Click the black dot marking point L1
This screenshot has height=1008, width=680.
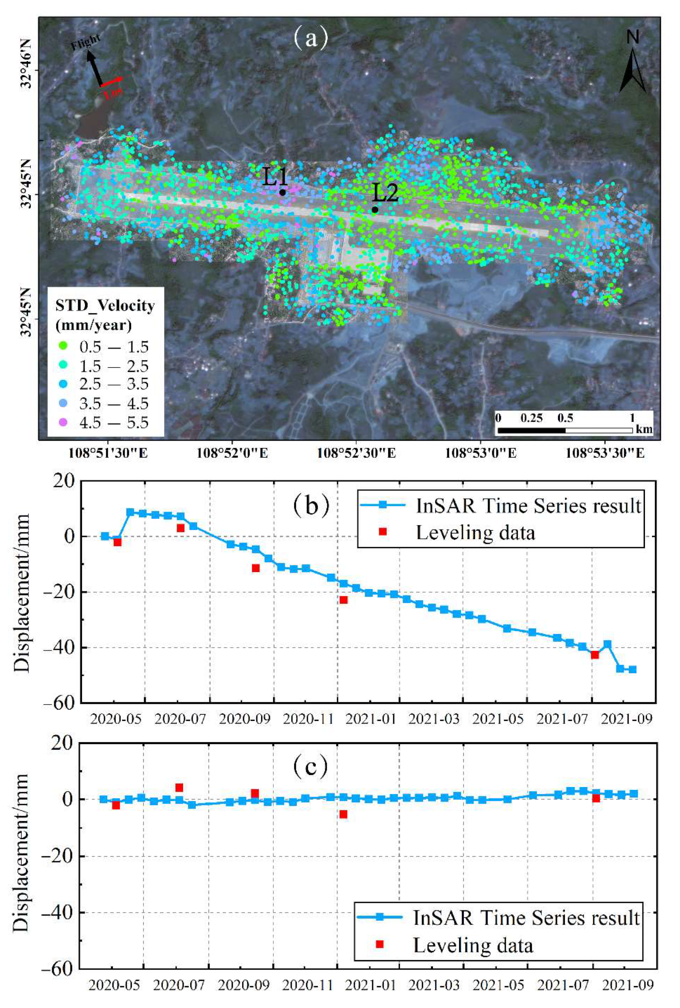click(282, 192)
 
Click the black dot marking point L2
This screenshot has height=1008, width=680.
click(375, 210)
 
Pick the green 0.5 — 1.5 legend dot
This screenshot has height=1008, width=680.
click(63, 346)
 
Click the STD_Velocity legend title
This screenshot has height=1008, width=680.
click(105, 306)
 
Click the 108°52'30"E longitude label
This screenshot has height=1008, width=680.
click(356, 454)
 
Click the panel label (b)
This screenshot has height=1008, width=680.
click(310, 506)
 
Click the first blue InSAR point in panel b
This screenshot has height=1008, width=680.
click(105, 536)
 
